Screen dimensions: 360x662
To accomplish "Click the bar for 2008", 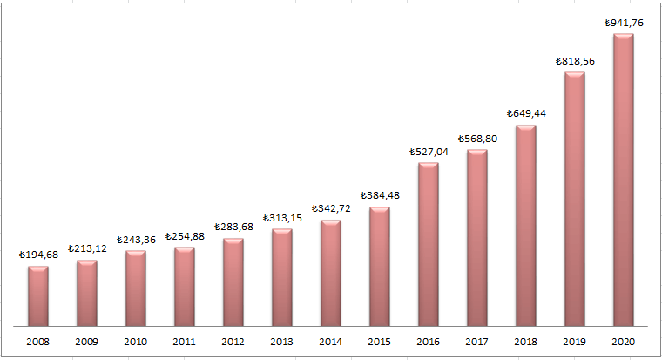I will tap(38, 296).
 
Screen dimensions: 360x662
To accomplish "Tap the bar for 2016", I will tap(429, 244).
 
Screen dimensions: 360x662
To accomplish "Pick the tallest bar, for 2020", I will tap(624, 180).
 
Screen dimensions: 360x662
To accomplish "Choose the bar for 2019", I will tap(575, 199).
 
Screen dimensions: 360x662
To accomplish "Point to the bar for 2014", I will tap(331, 273).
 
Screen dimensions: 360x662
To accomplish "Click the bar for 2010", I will tap(136, 289).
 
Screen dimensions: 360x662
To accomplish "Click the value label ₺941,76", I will tap(624, 24).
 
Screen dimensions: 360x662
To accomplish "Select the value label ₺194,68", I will tap(38, 255).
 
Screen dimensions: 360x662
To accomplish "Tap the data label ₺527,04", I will tap(429, 152).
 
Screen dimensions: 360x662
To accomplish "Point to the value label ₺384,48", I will tap(380, 195).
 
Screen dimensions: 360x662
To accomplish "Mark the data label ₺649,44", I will tap(526, 113).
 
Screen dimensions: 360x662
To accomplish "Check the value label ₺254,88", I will tap(185, 236).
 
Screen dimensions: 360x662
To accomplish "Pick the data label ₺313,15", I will tap(282, 218).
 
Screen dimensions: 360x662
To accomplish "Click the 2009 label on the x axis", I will tap(87, 342).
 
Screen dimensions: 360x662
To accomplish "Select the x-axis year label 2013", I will tap(282, 342).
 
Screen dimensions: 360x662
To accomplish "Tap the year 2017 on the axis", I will tap(477, 342).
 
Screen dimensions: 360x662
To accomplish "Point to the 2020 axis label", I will tap(624, 342).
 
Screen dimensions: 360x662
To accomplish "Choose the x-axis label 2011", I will tap(185, 342).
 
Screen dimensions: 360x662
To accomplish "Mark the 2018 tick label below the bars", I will tap(526, 342).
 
